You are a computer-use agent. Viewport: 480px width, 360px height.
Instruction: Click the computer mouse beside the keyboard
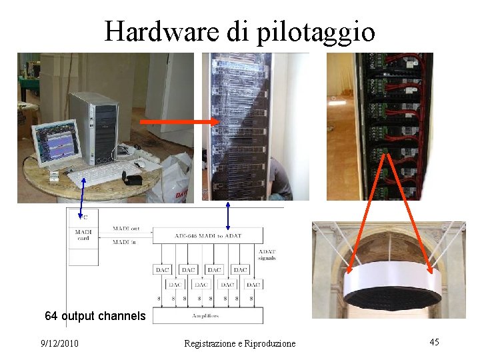(140, 164)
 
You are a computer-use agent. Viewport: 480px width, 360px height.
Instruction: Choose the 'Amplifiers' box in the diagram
(208, 315)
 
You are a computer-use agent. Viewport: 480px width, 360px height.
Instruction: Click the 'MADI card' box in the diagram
(83, 235)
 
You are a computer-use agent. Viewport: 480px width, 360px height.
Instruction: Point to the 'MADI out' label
(126, 229)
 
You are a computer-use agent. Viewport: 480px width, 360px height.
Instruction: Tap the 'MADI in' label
(125, 242)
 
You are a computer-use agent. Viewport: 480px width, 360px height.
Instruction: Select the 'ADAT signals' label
(266, 254)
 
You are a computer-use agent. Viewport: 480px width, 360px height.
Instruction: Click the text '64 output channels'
(95, 315)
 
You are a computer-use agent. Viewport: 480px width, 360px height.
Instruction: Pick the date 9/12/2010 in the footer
(59, 343)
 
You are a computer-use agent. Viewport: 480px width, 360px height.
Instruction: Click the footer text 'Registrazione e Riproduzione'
(239, 343)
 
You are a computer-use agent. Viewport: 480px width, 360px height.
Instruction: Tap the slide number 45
(434, 342)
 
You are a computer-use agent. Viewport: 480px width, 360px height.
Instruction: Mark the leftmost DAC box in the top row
(162, 269)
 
